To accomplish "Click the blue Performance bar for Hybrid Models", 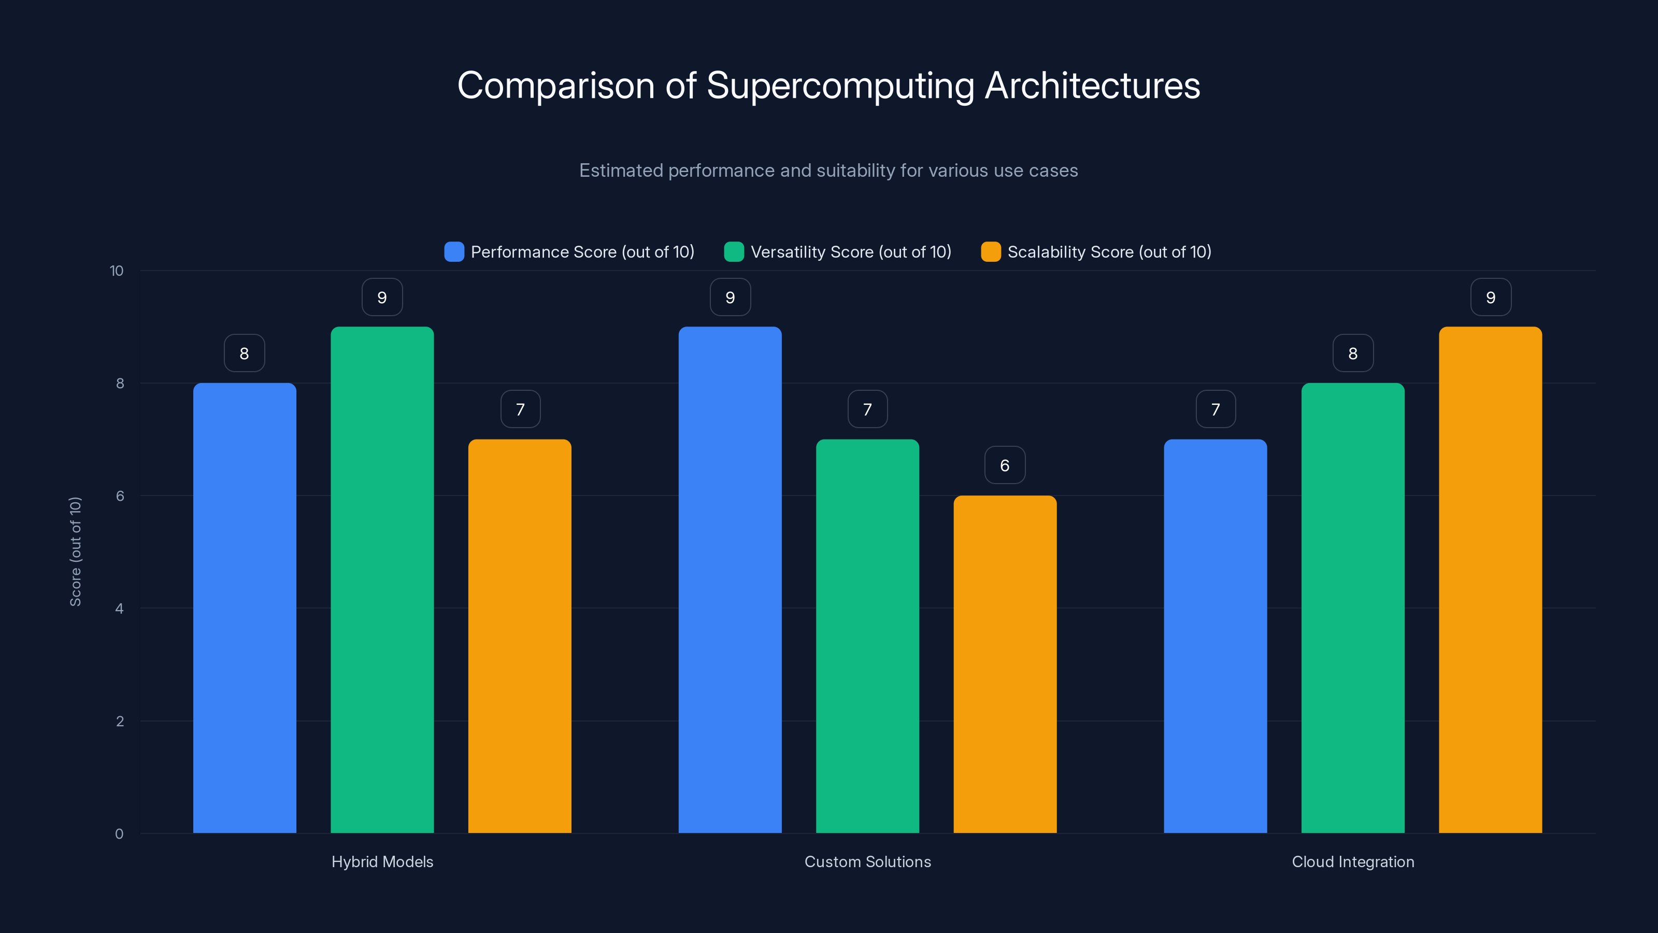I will [245, 608].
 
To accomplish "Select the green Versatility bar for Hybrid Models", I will [382, 579].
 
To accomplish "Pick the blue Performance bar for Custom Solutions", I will [730, 579].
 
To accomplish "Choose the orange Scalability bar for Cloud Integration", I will [1490, 579].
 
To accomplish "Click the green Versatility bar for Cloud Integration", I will [1352, 608].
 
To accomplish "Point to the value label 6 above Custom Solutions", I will [1005, 465].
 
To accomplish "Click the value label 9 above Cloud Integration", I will [1490, 297].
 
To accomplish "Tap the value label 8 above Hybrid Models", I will [244, 353].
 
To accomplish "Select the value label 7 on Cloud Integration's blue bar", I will [1215, 409].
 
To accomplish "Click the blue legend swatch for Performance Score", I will [454, 252].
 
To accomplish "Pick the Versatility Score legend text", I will [850, 252].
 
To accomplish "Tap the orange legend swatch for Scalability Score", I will [991, 252].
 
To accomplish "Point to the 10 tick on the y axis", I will [117, 271].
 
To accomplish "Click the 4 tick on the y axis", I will [119, 609].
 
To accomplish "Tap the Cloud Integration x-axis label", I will [1352, 861].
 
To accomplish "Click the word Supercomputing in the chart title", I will [840, 86].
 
